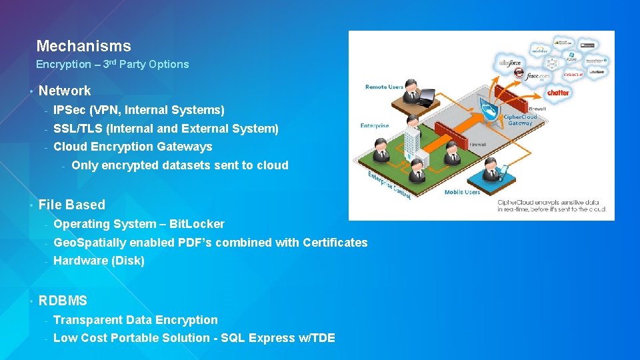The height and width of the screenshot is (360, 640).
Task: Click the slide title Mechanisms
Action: point(83,46)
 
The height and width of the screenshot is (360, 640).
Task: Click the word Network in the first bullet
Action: point(65,91)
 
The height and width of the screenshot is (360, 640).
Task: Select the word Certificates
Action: point(335,243)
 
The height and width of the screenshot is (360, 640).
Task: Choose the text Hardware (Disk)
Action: point(99,261)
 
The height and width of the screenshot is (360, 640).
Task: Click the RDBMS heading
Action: point(63,301)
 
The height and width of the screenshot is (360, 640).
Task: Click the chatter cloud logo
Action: point(558,93)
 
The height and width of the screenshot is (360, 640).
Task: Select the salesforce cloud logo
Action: point(511,63)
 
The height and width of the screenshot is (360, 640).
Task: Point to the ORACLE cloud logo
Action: point(572,75)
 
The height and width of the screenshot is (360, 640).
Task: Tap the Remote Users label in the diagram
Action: point(384,87)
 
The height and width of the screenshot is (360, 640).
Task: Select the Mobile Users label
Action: point(462,192)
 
